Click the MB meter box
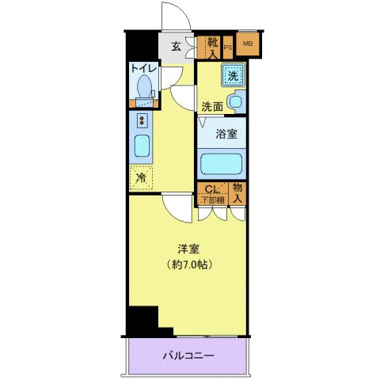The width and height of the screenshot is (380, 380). point(247,44)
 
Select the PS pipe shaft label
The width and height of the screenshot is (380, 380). point(228,48)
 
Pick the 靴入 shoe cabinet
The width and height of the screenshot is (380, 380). point(211,47)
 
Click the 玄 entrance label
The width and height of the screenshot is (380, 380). point(177,45)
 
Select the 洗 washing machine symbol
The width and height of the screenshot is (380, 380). point(233,77)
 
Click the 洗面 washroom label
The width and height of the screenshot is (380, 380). point(211,105)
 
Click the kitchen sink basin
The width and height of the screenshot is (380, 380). point(142,147)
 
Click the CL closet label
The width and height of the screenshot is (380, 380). point(211,189)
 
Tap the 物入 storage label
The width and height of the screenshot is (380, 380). point(237,192)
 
